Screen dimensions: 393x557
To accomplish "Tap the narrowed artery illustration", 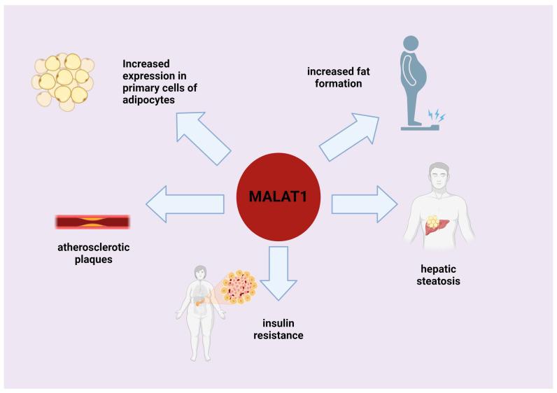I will click(92, 222).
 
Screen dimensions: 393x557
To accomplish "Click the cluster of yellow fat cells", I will click(63, 81).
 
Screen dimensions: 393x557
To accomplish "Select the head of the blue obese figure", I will click(411, 43).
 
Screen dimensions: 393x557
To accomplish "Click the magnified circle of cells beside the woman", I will click(241, 287).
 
